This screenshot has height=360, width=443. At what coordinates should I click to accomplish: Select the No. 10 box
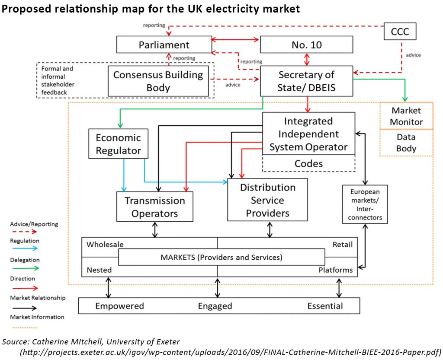[x=306, y=45]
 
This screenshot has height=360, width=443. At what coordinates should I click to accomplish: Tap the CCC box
[x=400, y=32]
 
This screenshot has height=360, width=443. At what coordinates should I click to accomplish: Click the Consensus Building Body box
[x=158, y=81]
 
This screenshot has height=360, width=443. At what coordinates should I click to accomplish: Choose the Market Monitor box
[x=406, y=116]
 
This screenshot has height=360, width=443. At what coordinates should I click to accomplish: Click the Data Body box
[x=406, y=143]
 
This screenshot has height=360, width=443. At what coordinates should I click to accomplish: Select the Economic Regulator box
[x=118, y=144]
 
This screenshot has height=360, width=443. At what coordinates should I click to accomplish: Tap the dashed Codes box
[x=308, y=164]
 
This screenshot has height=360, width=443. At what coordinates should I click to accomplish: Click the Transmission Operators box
[x=154, y=207]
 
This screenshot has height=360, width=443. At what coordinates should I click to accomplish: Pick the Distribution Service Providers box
[x=268, y=200]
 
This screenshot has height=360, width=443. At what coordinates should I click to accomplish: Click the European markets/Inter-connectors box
[x=365, y=204]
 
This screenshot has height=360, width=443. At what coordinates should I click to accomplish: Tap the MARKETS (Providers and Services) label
[x=221, y=257]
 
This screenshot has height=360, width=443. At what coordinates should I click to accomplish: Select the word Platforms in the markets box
[x=335, y=270]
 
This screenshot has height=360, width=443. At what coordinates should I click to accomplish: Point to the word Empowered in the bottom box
[x=119, y=306]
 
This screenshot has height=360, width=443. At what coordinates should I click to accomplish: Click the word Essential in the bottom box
[x=325, y=306]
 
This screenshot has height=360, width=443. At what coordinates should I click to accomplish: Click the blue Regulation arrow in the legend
[x=25, y=248]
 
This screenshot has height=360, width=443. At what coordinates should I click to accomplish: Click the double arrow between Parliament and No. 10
[x=235, y=40]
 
